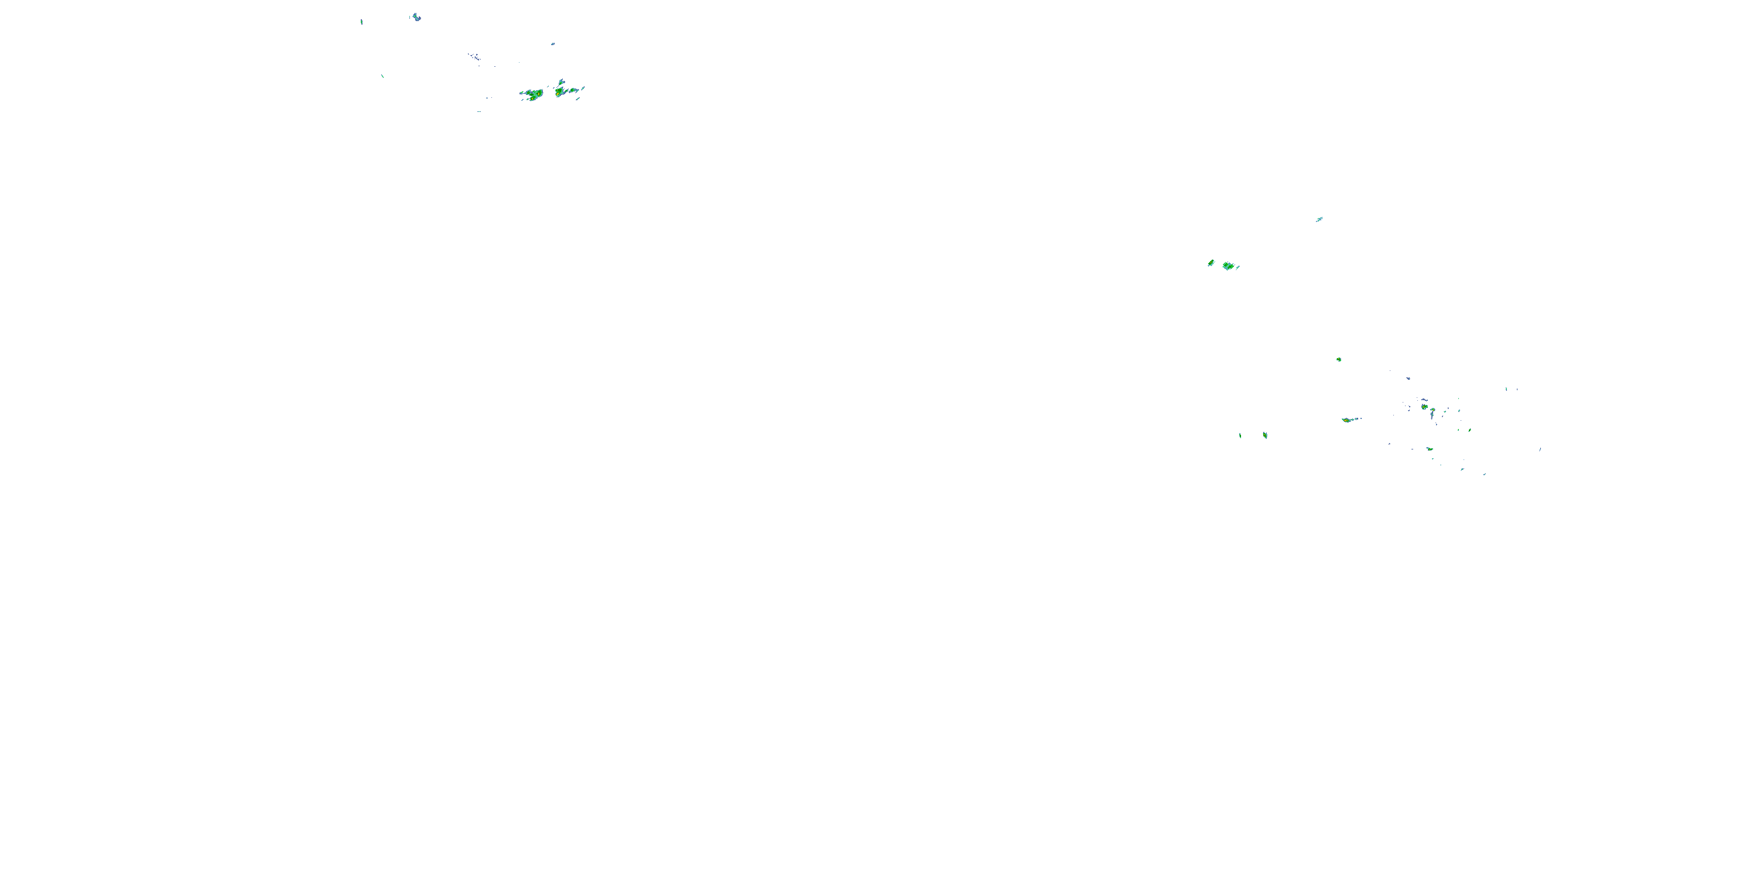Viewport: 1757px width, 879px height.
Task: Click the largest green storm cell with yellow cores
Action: coord(534,94)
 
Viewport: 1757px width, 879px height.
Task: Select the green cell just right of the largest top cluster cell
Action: coord(560,91)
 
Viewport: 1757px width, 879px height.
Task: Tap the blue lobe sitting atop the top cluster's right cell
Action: coord(561,82)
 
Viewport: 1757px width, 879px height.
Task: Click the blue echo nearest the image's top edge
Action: coord(415,16)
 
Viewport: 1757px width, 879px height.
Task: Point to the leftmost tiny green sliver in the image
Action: coord(361,22)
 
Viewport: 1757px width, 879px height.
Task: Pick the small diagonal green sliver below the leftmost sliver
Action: coord(382,76)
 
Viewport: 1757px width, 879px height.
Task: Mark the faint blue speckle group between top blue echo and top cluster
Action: coord(473,56)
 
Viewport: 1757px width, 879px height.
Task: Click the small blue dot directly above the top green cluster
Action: coord(552,44)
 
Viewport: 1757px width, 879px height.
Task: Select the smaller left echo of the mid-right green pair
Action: coord(1211,263)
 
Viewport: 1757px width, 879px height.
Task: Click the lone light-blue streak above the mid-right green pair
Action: coord(1319,219)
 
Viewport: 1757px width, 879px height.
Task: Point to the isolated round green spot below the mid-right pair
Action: coord(1339,359)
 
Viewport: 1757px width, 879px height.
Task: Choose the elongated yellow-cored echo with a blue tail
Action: coord(1348,420)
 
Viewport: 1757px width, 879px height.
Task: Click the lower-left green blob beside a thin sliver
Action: coord(1264,435)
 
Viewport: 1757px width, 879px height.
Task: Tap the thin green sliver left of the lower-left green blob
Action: coord(1240,435)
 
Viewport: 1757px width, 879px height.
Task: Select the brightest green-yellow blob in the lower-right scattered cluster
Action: coord(1424,407)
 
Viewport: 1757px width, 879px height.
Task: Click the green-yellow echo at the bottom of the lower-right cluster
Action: coord(1429,449)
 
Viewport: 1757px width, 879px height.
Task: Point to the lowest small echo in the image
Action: coord(1484,474)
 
